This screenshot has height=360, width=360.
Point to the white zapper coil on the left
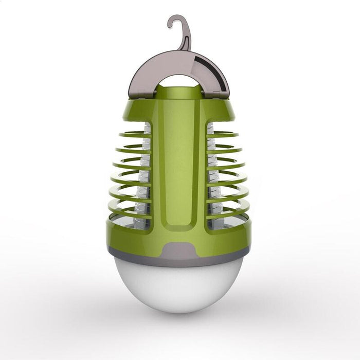tap(145, 175)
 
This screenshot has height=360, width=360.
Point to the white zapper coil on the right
tap(212, 175)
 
